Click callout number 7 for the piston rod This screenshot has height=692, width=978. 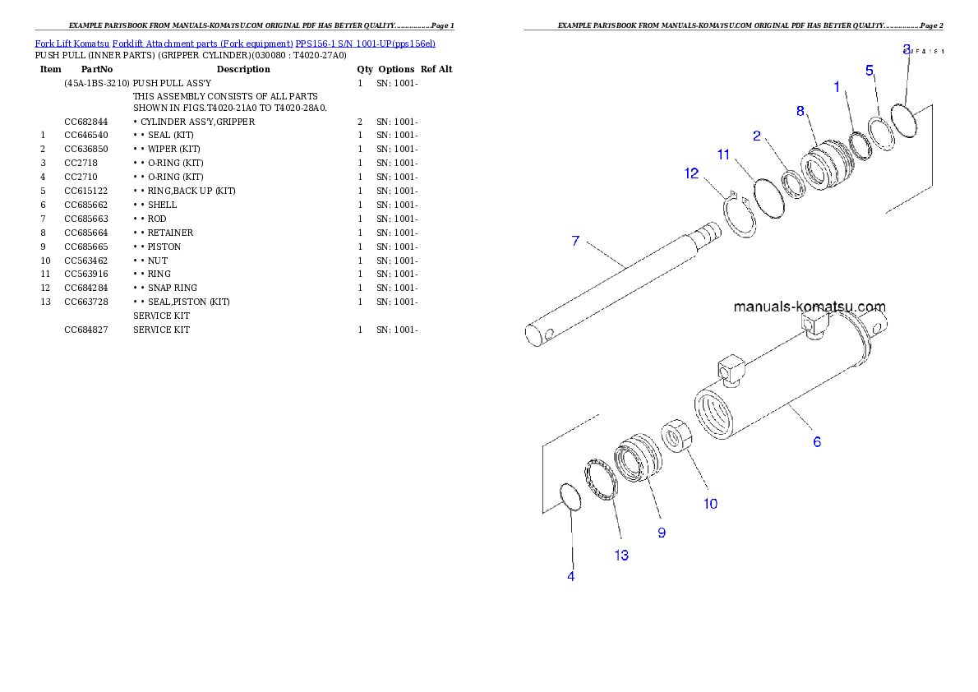(x=575, y=241)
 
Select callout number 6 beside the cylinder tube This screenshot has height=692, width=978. (x=817, y=442)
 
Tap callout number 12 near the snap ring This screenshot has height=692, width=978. (x=691, y=173)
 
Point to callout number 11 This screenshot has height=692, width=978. (x=723, y=154)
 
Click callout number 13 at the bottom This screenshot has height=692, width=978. (x=621, y=556)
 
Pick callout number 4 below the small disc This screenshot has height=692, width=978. (x=570, y=576)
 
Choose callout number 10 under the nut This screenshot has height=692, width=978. (x=710, y=504)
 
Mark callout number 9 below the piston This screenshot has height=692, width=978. (x=662, y=533)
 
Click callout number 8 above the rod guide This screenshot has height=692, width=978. (x=800, y=112)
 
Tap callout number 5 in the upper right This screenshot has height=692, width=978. (x=870, y=71)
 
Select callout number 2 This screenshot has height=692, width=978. (x=757, y=136)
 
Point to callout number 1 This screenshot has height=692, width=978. (x=837, y=86)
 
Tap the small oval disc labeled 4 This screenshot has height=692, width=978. (x=570, y=496)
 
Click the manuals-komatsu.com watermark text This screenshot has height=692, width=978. (x=809, y=307)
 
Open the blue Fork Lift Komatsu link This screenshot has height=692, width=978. (x=235, y=43)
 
